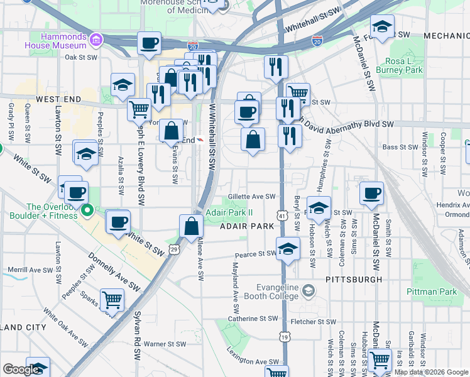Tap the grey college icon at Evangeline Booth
tap(309, 290)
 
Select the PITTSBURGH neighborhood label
tap(354, 278)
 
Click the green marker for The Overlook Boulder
tap(88, 210)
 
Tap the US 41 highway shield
tap(282, 216)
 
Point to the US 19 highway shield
tap(285, 337)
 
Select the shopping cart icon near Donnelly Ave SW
tap(112, 300)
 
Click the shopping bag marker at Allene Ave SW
tap(191, 227)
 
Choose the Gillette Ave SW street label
tap(252, 197)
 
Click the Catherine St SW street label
tap(243, 319)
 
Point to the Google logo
tap(21, 369)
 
